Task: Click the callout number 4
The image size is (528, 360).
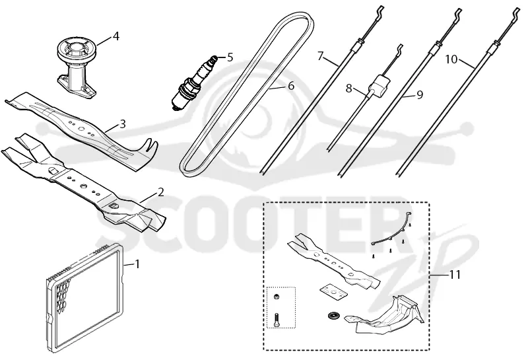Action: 116,36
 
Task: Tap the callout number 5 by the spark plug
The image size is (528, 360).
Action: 230,57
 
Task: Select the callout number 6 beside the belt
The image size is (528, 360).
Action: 291,86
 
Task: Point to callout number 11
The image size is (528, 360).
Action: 455,275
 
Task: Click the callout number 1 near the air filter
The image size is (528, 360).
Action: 137,264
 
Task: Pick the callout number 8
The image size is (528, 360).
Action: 349,89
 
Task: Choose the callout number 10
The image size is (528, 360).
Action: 451,59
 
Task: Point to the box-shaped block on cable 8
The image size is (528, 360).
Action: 380,86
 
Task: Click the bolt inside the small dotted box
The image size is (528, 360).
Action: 277,318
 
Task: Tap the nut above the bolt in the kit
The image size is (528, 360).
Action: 275,297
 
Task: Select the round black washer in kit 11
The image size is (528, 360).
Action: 334,316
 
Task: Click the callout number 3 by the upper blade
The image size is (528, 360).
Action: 123,124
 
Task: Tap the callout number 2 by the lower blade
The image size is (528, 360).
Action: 160,192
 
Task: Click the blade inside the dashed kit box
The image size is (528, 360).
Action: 333,261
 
